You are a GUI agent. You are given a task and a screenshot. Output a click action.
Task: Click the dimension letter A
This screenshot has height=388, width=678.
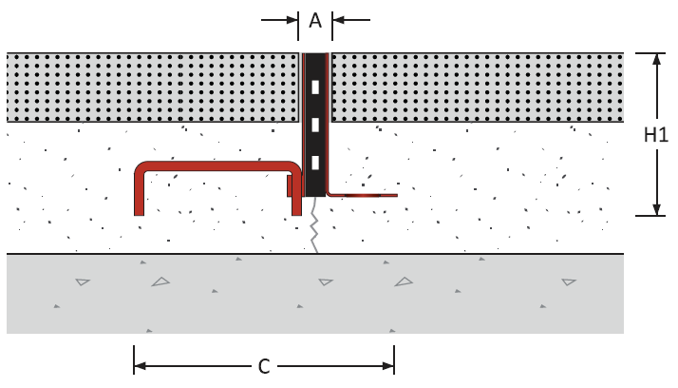(x=315, y=20)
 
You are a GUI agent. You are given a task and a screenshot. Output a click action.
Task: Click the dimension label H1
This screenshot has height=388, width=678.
(x=656, y=135)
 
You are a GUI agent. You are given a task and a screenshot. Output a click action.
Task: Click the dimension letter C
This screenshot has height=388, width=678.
(x=264, y=366)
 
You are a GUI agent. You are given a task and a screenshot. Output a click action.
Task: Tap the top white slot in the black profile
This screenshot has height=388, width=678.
(x=315, y=87)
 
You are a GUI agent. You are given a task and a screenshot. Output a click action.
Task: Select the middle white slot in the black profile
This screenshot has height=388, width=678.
(x=315, y=125)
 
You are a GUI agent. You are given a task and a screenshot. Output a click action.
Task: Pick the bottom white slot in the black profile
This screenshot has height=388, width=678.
(x=315, y=163)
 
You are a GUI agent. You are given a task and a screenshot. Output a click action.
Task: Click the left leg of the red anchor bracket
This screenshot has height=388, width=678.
(x=139, y=193)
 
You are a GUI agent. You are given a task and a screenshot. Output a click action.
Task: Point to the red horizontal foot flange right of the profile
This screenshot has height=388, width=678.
(x=363, y=195)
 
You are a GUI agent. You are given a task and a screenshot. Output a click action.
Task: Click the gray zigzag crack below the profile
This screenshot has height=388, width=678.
(x=315, y=225)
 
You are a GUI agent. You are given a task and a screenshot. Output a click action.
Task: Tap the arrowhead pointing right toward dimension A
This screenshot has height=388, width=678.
(x=292, y=20)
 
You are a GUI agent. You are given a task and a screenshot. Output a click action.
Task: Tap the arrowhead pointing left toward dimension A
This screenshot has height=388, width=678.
(x=338, y=20)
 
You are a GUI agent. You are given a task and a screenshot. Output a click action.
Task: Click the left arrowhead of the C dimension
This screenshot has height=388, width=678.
(x=141, y=366)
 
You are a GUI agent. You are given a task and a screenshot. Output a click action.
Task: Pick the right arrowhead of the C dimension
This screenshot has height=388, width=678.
(x=388, y=366)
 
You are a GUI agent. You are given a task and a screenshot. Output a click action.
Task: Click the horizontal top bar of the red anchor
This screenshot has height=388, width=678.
(x=217, y=166)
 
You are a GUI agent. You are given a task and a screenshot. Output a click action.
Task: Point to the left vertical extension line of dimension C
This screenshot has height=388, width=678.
(x=134, y=359)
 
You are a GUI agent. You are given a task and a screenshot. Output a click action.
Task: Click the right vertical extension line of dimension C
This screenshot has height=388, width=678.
(x=394, y=359)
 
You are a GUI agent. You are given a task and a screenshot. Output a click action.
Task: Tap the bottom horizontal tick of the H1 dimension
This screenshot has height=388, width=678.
(x=650, y=216)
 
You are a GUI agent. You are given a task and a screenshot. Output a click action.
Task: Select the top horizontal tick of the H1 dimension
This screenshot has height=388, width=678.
(x=650, y=53)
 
